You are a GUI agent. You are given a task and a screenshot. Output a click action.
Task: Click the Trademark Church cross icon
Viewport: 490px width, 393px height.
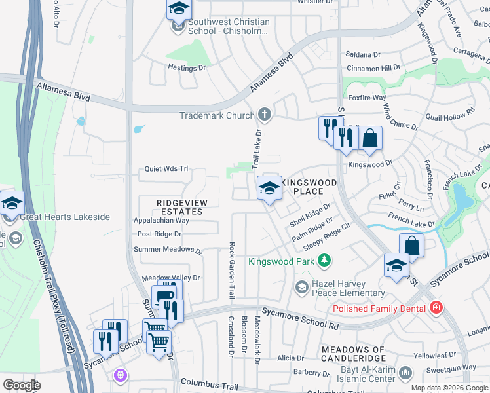pyautogui.click(x=265, y=115)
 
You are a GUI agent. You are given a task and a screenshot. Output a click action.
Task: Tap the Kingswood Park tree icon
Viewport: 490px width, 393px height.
pyautogui.click(x=324, y=261)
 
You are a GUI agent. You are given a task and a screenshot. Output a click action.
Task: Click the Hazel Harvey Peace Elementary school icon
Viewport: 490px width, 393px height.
pyautogui.click(x=301, y=286)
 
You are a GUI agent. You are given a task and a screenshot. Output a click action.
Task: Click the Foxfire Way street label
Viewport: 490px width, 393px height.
pyautogui.click(x=367, y=98)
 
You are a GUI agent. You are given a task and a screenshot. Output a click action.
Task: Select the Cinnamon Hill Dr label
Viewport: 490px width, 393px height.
pyautogui.click(x=373, y=68)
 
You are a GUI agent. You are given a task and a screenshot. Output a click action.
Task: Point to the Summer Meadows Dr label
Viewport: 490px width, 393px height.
pyautogui.click(x=168, y=249)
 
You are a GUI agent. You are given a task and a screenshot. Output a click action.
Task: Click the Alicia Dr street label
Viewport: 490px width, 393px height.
pyautogui.click(x=286, y=358)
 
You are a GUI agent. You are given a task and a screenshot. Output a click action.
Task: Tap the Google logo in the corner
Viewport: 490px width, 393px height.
pyautogui.click(x=22, y=385)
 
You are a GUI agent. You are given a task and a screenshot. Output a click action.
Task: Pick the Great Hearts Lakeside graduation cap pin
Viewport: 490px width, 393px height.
pyautogui.click(x=12, y=204)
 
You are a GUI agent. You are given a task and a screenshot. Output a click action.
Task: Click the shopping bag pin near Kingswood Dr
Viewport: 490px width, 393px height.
pyautogui.click(x=370, y=138)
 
